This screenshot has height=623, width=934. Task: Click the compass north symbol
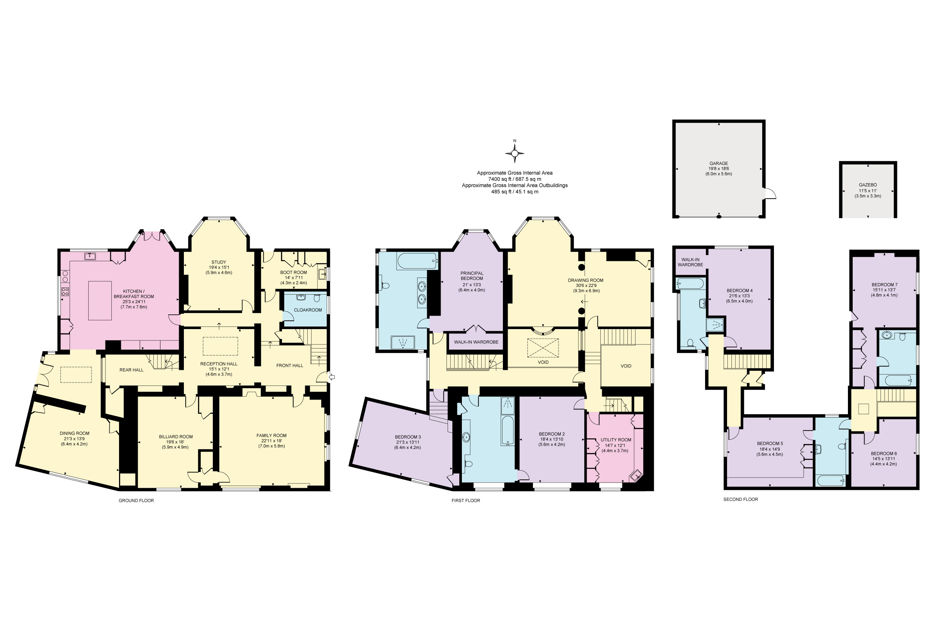tap(515, 151)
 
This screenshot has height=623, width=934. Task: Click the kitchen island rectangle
tap(100, 301)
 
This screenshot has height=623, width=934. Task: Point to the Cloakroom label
tap(308, 310)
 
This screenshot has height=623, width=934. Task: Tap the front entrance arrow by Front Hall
tap(332, 377)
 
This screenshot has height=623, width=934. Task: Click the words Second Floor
tap(741, 499)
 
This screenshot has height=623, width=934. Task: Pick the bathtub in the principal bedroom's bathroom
tap(417, 261)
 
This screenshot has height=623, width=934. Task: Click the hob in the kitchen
tap(65, 292)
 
